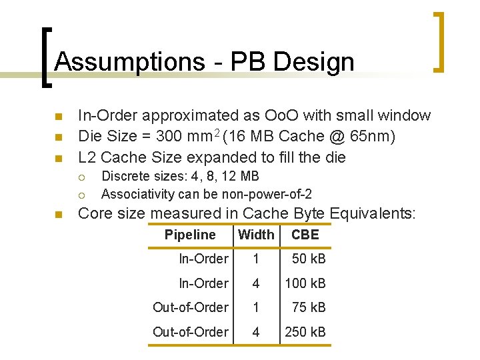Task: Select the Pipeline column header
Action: pyautogui.click(x=190, y=235)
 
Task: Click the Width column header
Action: pyautogui.click(x=256, y=235)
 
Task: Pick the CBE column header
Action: pyautogui.click(x=305, y=235)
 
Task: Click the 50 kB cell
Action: pyautogui.click(x=309, y=259)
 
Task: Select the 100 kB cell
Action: pyautogui.click(x=305, y=283)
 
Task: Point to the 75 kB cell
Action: pyautogui.click(x=309, y=307)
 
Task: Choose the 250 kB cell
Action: pyautogui.click(x=305, y=332)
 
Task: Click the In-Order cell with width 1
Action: pyautogui.click(x=203, y=259)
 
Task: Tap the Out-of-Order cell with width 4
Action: pyautogui.click(x=191, y=332)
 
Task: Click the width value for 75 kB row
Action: pyautogui.click(x=255, y=307)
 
